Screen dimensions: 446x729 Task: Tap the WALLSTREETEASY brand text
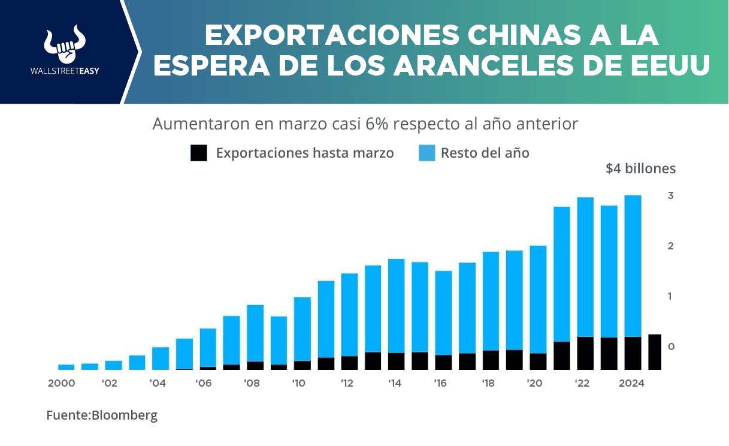tap(65, 71)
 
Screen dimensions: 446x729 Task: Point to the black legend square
tap(199, 153)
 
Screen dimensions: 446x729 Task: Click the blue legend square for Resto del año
tap(426, 153)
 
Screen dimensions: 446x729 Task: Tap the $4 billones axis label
tap(640, 168)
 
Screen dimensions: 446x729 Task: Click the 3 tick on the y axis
tap(671, 195)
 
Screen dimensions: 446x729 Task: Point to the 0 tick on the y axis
tap(671, 346)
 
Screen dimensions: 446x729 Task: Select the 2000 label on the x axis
tap(62, 383)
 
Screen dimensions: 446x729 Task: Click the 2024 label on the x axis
tap(631, 383)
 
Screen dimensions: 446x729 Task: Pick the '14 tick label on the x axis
tap(394, 383)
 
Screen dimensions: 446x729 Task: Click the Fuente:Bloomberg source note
tap(102, 415)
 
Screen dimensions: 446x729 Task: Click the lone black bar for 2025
tap(655, 352)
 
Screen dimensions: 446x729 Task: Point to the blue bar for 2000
tap(66, 367)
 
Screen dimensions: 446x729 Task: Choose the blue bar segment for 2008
tap(255, 333)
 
